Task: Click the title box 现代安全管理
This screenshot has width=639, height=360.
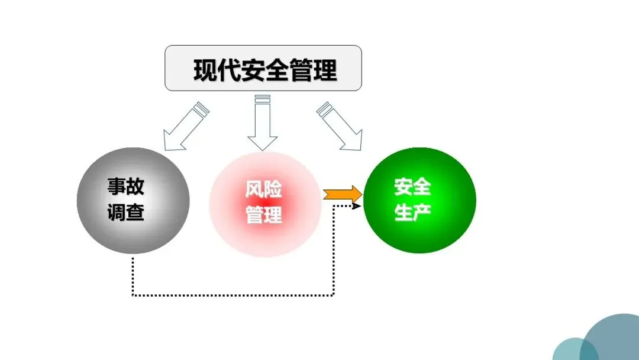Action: tap(263, 68)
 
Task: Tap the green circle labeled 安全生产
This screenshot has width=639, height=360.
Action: tap(419, 200)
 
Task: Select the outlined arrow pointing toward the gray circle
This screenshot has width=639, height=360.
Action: tap(183, 126)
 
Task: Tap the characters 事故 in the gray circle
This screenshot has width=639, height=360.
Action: tap(125, 188)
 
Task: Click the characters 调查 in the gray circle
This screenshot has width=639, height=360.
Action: tap(125, 212)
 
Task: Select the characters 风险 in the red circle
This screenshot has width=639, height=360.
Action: tap(264, 189)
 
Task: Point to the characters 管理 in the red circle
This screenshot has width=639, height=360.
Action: tap(264, 214)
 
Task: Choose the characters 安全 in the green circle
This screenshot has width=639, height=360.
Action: tap(412, 188)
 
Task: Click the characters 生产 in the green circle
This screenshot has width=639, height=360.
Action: tap(412, 212)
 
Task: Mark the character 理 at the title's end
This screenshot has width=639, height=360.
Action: tap(325, 70)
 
